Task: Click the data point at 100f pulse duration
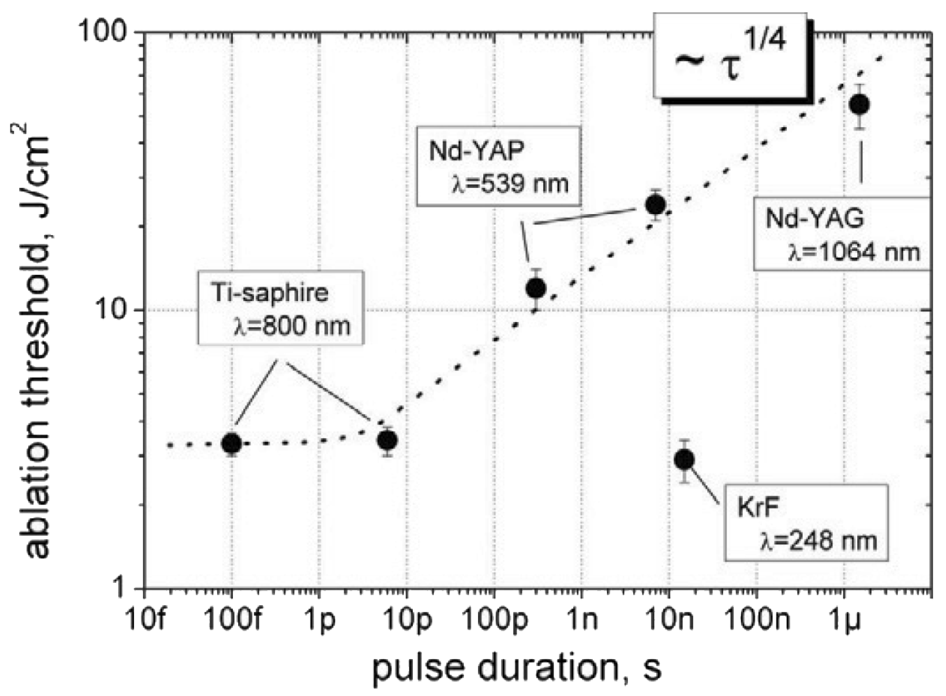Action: point(232,444)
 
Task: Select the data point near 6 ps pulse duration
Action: point(387,440)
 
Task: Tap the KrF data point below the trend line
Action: point(684,460)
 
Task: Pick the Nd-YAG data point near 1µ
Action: point(860,104)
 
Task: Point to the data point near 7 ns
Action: point(655,204)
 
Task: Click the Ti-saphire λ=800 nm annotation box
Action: point(281,308)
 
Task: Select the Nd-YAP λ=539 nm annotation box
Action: point(498,166)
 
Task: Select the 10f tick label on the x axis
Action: point(146,620)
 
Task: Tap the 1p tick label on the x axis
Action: point(321,620)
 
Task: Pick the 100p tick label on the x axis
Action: point(493,620)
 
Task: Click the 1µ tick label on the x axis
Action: point(844,620)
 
